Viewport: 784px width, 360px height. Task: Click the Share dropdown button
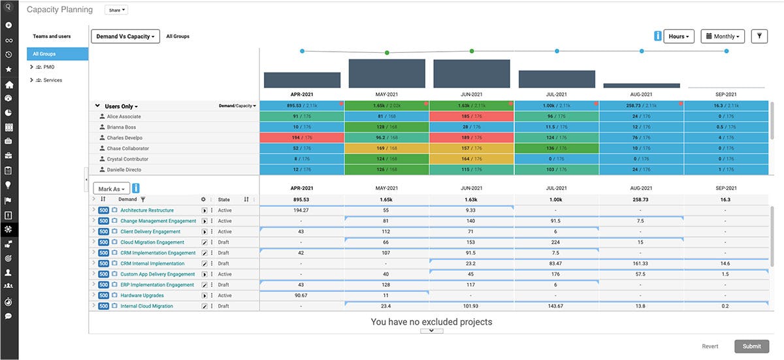click(x=116, y=10)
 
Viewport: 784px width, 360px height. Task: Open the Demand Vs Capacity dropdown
click(x=125, y=37)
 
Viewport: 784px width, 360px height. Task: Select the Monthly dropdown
click(x=723, y=37)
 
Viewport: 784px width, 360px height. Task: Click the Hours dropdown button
click(x=679, y=37)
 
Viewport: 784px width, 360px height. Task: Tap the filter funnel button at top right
click(x=759, y=37)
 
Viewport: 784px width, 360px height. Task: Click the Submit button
click(x=751, y=346)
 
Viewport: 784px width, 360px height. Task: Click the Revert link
click(x=710, y=346)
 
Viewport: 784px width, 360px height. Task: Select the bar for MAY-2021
click(x=387, y=73)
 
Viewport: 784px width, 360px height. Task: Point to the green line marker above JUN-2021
click(x=472, y=51)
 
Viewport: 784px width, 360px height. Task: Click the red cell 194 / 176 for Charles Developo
click(x=301, y=138)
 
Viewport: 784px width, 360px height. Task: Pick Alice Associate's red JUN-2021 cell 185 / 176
click(x=471, y=116)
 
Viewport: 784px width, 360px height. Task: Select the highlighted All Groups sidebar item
click(x=57, y=54)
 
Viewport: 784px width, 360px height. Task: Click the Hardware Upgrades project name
click(x=142, y=295)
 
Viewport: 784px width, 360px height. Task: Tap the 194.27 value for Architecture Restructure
click(x=301, y=210)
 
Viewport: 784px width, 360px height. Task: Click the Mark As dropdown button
click(x=112, y=189)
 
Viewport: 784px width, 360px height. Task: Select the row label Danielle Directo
click(x=123, y=170)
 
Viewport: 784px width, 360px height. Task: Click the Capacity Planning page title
click(x=59, y=10)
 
